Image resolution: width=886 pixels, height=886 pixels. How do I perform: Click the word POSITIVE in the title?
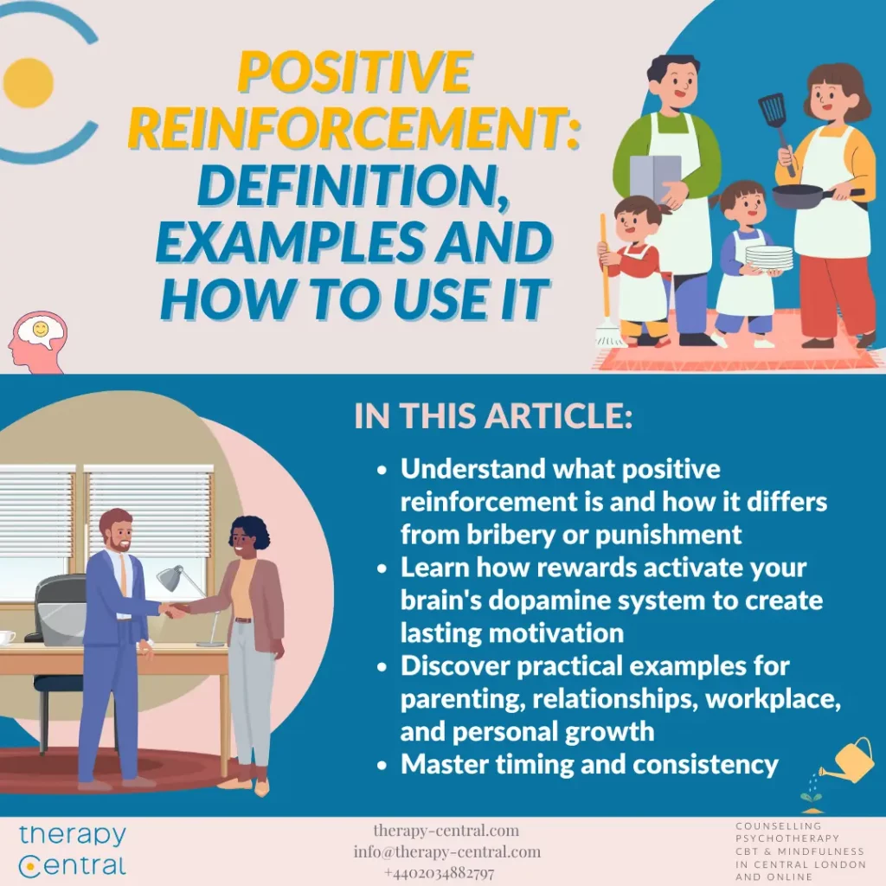click(355, 74)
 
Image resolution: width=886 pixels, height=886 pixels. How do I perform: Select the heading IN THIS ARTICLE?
click(493, 416)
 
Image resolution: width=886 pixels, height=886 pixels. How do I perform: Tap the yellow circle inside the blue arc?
click(29, 83)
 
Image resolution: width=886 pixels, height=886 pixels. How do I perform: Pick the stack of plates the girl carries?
click(768, 258)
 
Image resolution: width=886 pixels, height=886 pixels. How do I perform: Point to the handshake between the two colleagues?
click(176, 610)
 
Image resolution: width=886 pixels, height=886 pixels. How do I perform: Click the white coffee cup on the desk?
click(6, 637)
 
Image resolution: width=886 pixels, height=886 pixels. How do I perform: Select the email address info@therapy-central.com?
click(447, 851)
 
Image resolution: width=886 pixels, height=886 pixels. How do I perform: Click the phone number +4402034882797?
click(440, 872)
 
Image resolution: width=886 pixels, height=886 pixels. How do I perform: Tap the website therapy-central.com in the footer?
click(446, 831)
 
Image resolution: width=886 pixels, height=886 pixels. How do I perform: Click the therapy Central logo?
click(73, 850)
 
